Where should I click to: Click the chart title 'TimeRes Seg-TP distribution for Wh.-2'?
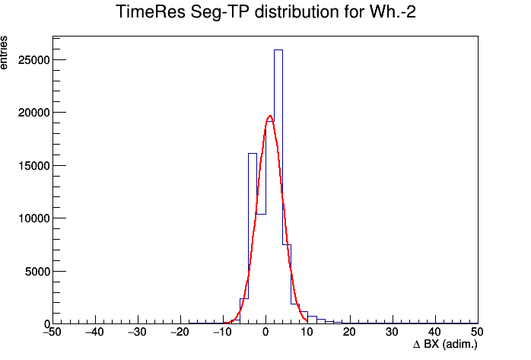point(265,12)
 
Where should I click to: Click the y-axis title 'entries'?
point(3,53)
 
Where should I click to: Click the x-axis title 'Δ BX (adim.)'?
point(445,345)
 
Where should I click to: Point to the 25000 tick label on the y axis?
point(34,60)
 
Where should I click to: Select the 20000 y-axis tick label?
point(34,113)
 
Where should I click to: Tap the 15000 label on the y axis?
point(34,166)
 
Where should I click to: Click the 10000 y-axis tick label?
point(34,218)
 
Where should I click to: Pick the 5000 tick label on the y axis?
point(37,272)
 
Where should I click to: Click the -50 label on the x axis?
point(52,332)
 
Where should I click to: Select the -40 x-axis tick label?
point(95,332)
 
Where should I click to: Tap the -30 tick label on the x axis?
point(137,332)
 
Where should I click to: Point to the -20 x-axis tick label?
point(180,332)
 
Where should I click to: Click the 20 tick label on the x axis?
point(349,332)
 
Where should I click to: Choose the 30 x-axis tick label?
point(392,332)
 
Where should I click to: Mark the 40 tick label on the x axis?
point(434,332)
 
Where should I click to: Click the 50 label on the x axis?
point(477,332)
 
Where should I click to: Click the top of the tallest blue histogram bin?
point(278,50)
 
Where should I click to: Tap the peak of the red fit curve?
point(270,116)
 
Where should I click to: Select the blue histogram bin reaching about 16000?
point(253,154)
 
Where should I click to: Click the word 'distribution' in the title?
point(297,12)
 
